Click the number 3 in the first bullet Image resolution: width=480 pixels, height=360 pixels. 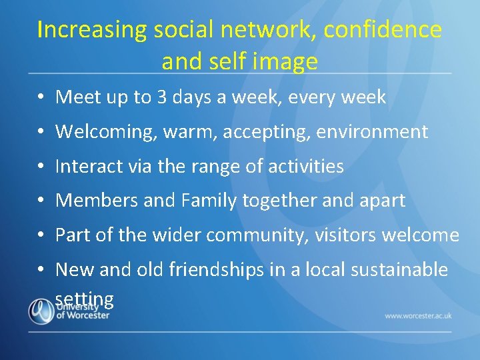click(x=163, y=97)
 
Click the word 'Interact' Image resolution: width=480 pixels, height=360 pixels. click(x=84, y=167)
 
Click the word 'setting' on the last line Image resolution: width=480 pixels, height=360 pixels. click(x=85, y=299)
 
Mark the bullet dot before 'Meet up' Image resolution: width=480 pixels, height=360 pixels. click(x=41, y=98)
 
